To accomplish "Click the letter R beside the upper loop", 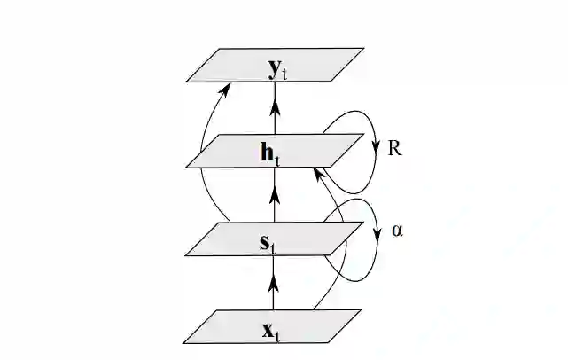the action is (395, 148).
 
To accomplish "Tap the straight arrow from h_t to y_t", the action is (274, 111).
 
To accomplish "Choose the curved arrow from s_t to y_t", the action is (205, 160).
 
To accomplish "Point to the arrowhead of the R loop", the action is (375, 147).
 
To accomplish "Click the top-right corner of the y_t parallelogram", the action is (363, 48).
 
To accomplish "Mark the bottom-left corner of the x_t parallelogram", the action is (183, 342).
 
